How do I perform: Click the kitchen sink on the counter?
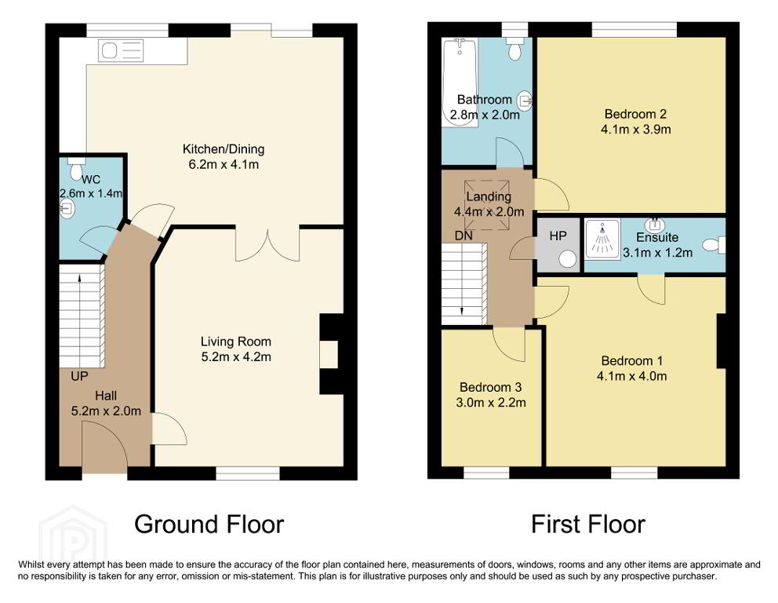(121, 51)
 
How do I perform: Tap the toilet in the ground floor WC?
(76, 168)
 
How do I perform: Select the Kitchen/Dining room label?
(224, 149)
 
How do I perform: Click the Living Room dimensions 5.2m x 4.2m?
(236, 356)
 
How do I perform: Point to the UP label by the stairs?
(79, 377)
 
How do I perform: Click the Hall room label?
(106, 396)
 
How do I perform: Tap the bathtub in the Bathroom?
(460, 82)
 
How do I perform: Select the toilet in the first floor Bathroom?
(514, 48)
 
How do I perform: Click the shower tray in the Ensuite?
(602, 239)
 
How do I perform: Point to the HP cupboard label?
(558, 236)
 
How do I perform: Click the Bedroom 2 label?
(635, 115)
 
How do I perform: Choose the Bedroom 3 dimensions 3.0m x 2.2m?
(491, 402)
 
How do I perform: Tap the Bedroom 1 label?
(631, 361)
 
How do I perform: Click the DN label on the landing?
(464, 236)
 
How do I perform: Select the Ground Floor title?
(209, 524)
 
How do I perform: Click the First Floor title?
(588, 524)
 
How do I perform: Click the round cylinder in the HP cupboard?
(568, 259)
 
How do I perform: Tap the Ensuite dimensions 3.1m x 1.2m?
(657, 252)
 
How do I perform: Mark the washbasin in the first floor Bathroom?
(525, 100)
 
